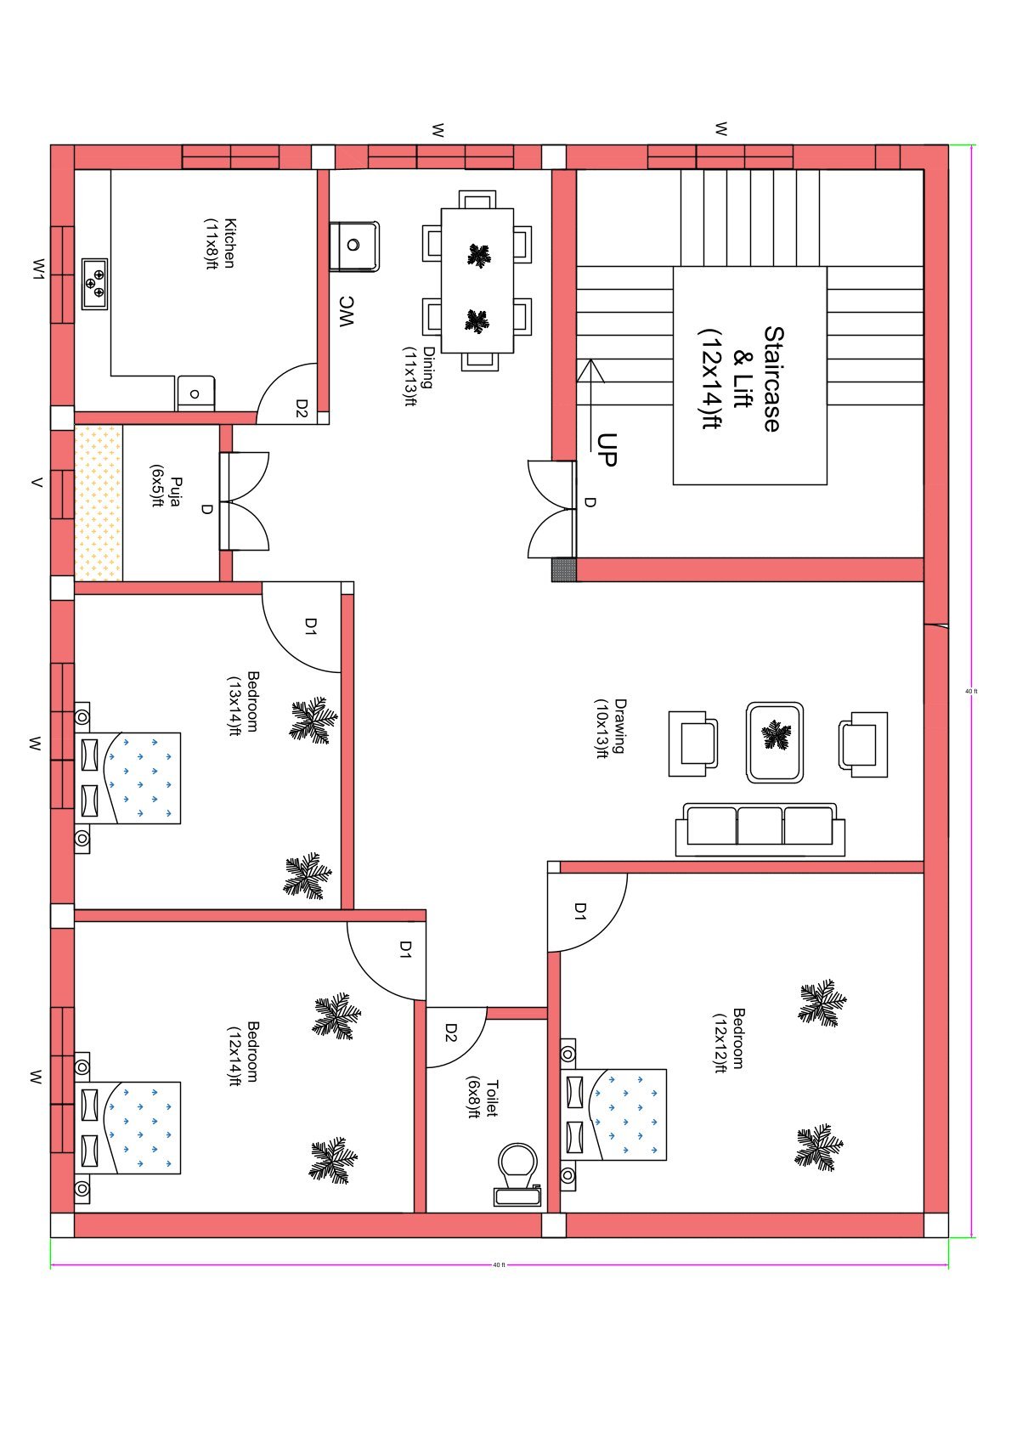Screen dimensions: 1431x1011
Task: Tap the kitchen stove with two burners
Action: pos(94,284)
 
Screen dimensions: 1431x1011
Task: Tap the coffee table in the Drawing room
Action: pos(774,742)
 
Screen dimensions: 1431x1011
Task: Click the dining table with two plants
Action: pos(477,280)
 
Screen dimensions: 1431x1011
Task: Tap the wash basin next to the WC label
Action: pos(353,246)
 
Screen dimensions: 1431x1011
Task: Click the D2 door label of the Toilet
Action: pos(451,1032)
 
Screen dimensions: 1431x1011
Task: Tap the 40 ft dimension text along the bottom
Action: pos(499,1265)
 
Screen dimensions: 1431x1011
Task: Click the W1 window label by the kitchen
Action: pos(37,269)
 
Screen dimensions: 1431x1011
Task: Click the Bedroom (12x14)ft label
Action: pos(242,1053)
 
